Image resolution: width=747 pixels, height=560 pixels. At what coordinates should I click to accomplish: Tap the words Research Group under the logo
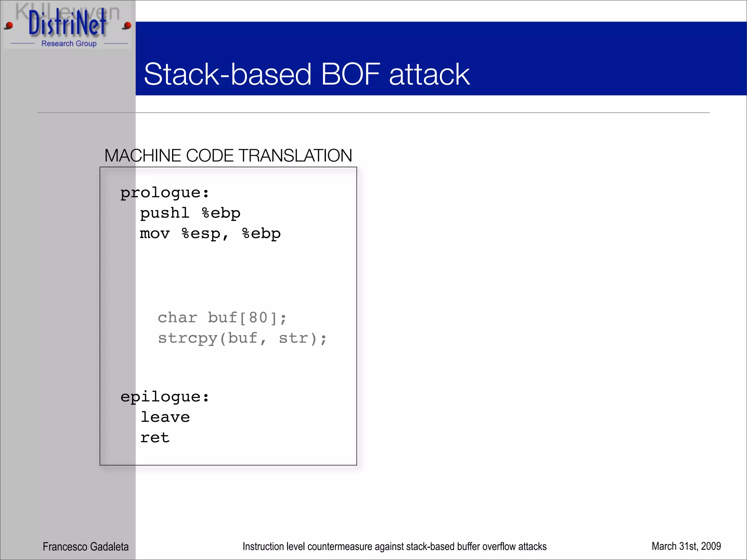click(69, 44)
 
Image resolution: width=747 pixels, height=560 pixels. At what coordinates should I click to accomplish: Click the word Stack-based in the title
click(228, 74)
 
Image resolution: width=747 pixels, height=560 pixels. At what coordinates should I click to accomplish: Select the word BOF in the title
click(351, 74)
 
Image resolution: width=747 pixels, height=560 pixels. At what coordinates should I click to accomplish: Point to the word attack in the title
click(429, 74)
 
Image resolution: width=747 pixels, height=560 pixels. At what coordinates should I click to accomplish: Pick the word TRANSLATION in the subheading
click(295, 156)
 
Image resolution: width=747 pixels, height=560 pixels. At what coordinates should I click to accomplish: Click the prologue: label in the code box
click(165, 193)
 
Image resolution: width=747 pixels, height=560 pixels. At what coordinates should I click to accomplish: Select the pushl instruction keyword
click(165, 213)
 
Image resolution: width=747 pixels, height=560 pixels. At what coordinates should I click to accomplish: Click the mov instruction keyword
click(155, 234)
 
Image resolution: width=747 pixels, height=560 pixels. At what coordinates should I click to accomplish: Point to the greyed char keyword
click(177, 318)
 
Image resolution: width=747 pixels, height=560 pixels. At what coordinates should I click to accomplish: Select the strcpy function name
click(187, 338)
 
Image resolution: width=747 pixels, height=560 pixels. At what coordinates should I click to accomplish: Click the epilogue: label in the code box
click(165, 397)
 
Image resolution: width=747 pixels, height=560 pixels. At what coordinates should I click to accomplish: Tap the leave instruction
click(165, 417)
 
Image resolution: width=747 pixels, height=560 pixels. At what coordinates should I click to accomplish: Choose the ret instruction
click(155, 438)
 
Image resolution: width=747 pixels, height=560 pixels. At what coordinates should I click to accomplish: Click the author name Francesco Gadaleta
click(86, 547)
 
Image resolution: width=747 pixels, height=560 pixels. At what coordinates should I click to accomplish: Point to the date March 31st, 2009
click(686, 546)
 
